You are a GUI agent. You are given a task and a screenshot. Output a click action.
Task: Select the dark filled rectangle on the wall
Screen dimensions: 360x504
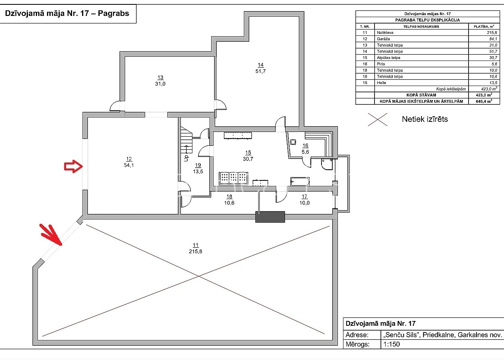click(270, 217)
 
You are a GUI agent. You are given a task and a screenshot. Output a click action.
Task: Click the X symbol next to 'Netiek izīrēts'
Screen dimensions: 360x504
click(378, 119)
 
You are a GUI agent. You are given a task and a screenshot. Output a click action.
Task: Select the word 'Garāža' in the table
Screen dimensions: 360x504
click(383, 39)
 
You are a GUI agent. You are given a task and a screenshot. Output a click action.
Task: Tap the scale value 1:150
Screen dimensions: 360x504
click(391, 344)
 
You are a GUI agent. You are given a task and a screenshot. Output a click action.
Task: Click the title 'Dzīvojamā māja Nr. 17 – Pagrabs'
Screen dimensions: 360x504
click(67, 13)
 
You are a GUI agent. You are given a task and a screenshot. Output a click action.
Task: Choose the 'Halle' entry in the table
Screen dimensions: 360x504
click(381, 83)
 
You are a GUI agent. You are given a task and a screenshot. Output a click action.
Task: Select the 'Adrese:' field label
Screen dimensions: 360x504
click(357, 335)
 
